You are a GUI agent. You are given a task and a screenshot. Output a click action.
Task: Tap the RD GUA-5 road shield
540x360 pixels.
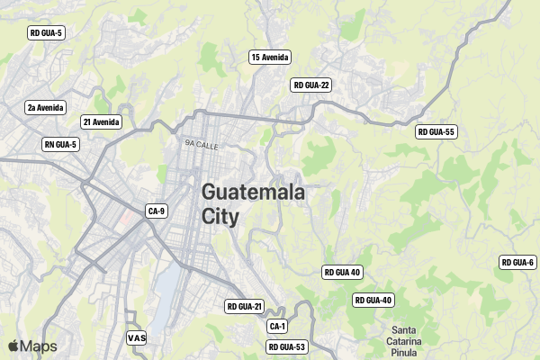[x=46, y=33]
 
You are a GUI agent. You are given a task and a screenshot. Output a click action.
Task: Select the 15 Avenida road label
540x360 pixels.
[x=270, y=58]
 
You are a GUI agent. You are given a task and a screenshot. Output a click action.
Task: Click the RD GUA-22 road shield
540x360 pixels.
[x=312, y=85]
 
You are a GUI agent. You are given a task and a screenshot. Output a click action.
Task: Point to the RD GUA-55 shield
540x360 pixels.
[x=436, y=132]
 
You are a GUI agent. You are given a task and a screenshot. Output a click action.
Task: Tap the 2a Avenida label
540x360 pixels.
[x=45, y=108]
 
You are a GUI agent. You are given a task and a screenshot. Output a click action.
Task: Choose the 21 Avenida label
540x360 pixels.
[x=101, y=122]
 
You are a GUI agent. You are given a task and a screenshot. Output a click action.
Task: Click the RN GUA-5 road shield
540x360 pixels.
[x=61, y=145]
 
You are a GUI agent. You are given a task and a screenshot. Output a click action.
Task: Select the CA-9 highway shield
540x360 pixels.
[x=157, y=211]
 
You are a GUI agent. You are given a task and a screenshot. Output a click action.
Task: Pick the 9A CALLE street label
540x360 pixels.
[x=202, y=144]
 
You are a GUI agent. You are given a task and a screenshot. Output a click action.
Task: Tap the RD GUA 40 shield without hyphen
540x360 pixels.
[x=342, y=272]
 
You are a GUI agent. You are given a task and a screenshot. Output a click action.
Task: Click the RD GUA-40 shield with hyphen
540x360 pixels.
[x=373, y=301]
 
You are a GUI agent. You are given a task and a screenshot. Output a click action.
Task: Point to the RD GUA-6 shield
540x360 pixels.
[x=517, y=263]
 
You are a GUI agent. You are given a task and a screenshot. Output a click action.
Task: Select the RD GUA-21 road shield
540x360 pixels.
[x=244, y=307]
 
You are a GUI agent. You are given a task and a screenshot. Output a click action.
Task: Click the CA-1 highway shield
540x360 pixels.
[x=277, y=327]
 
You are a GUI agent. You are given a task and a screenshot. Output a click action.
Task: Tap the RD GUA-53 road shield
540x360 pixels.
[x=287, y=347]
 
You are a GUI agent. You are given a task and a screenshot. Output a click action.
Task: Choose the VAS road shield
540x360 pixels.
[x=137, y=338]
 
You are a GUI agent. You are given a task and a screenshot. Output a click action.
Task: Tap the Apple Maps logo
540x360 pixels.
[x=32, y=346]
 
